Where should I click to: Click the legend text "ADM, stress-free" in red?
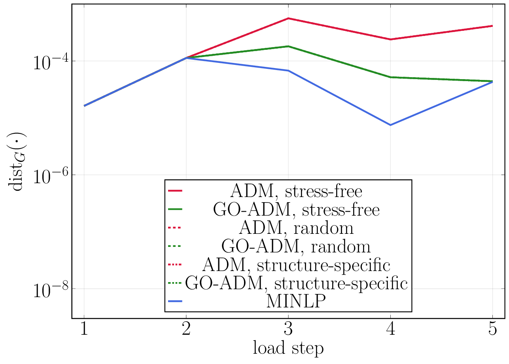[x=296, y=191]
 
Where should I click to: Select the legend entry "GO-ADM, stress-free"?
[x=296, y=210]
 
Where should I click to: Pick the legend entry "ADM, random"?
[x=296, y=228]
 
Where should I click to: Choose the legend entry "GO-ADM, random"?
[x=296, y=246]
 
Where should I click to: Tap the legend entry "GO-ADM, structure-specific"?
[x=296, y=283]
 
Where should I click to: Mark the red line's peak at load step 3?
[x=288, y=18]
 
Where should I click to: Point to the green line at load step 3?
[x=288, y=46]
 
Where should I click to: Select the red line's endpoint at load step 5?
[x=492, y=26]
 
